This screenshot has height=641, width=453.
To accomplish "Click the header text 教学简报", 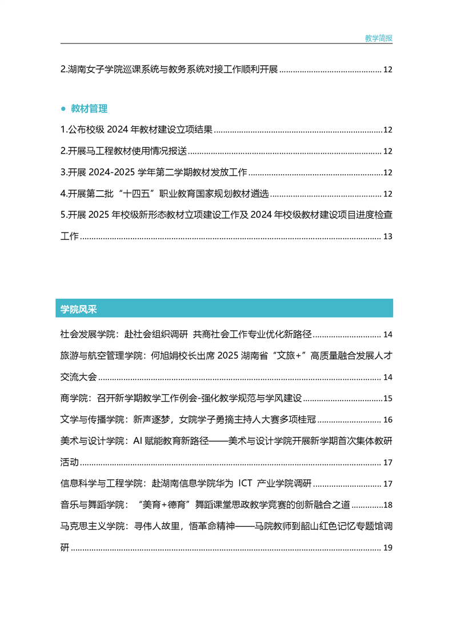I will click(379, 38).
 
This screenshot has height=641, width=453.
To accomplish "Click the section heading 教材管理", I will click(89, 109).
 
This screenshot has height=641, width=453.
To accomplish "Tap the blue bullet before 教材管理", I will click(63, 109).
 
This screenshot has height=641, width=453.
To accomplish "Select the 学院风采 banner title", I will click(79, 309).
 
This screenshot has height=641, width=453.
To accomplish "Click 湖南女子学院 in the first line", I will click(92, 70).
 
